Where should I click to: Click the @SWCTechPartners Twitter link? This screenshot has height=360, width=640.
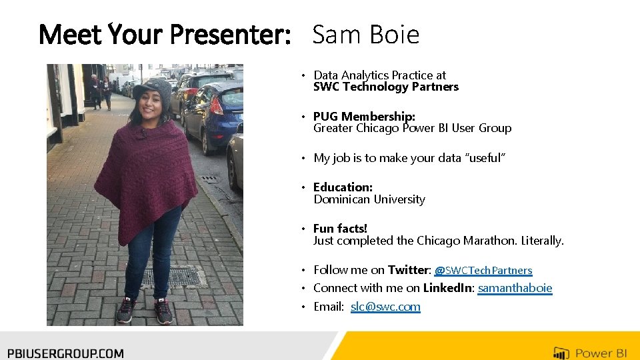(x=483, y=271)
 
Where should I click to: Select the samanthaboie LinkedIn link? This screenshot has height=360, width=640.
(x=515, y=288)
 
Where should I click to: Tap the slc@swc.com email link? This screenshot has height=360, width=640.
(x=385, y=307)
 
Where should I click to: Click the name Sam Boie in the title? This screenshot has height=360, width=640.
(x=365, y=35)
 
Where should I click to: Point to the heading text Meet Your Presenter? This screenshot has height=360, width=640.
(x=165, y=35)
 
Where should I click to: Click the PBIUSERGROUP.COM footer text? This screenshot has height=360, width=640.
(x=65, y=353)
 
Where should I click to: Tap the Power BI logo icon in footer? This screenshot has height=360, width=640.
(x=561, y=353)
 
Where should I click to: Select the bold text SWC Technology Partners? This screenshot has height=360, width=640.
(x=386, y=87)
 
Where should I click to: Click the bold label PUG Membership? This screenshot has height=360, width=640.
(x=364, y=117)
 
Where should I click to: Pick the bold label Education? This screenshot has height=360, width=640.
(x=343, y=187)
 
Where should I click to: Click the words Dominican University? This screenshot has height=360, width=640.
(x=369, y=199)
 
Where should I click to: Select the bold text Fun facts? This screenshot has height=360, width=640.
(x=340, y=229)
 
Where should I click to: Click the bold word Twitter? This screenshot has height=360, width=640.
(x=409, y=270)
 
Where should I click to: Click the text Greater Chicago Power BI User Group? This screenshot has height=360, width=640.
(x=412, y=128)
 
